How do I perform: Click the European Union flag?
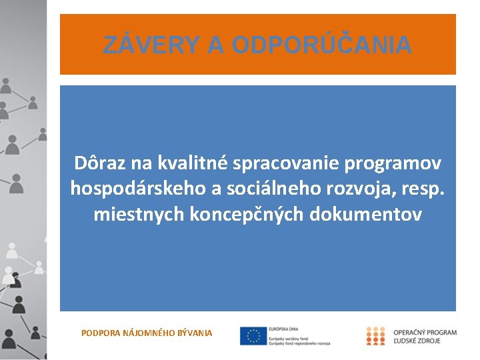[x=253, y=335]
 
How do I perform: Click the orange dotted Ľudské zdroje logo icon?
[x=376, y=336]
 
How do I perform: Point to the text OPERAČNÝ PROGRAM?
[x=425, y=332]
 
